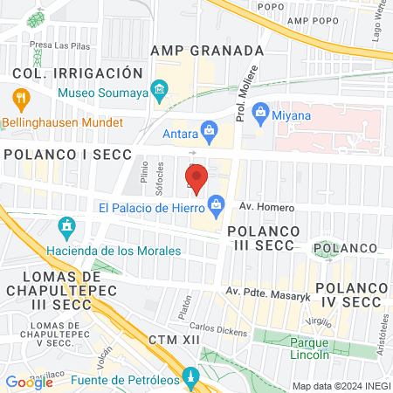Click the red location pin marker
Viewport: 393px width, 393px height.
[x=196, y=178]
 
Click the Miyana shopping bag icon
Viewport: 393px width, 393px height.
[x=259, y=112]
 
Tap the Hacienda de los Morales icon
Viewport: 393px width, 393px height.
[x=65, y=230]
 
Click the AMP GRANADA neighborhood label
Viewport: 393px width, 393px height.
[x=207, y=50]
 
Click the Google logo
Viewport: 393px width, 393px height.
[x=29, y=382]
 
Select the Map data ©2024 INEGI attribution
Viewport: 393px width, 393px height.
[x=340, y=386]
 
